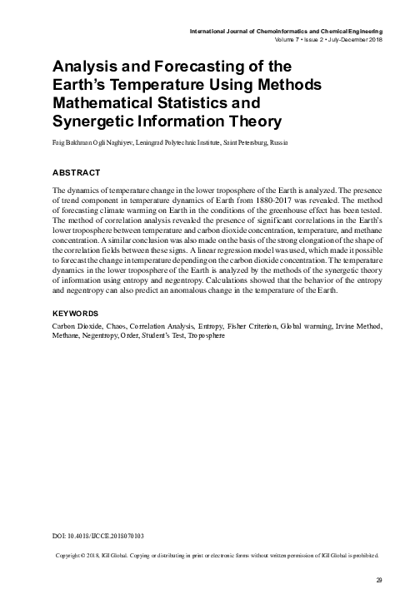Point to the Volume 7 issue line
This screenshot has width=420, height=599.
coord(327,40)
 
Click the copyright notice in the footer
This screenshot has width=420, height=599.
coord(216,553)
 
